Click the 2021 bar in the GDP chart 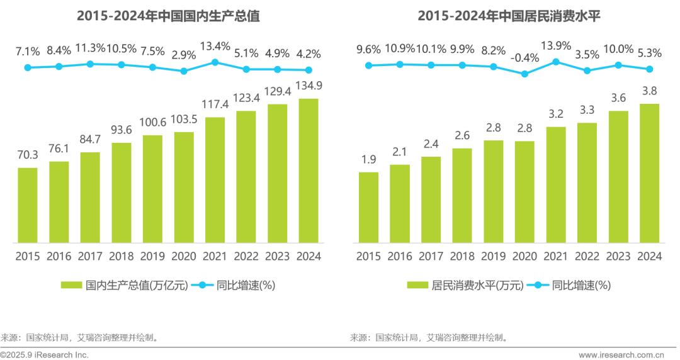coord(215,179)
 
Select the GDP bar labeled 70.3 coord(27,205)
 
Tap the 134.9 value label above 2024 coord(309,86)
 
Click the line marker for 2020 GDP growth coord(184,71)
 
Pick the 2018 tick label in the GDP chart coord(121,256)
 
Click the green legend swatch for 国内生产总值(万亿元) coord(72,285)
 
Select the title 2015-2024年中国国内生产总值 coord(168,16)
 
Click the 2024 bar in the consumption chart coord(649,173)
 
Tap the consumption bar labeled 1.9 coord(368,207)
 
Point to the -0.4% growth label coord(524,58)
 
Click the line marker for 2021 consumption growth coord(556,62)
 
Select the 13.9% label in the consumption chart coord(556,45)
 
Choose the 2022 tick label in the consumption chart coord(587,256)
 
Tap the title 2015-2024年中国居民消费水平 coord(509,16)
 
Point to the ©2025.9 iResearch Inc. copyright coord(45,354)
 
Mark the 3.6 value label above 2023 coord(618,98)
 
